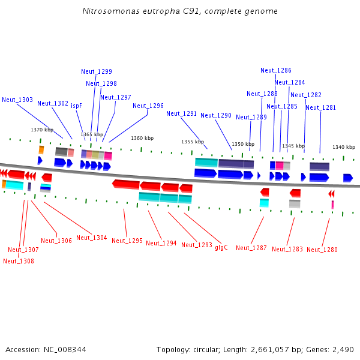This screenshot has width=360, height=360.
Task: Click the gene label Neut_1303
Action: (x=17, y=100)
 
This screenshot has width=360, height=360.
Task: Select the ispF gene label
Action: (x=76, y=106)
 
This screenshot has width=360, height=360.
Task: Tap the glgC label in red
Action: (x=221, y=247)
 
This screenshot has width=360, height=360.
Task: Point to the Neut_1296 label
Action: (x=148, y=106)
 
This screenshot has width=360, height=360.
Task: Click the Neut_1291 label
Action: (x=182, y=113)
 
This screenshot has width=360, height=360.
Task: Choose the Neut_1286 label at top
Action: (x=276, y=70)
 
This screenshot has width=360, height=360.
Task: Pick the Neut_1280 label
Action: (x=322, y=250)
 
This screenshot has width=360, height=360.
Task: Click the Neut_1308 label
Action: (x=19, y=261)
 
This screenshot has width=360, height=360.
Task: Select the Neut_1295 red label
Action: (x=127, y=241)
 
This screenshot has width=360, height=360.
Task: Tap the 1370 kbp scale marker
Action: (x=42, y=130)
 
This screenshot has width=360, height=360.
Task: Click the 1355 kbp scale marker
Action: (x=193, y=142)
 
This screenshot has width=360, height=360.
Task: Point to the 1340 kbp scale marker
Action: (x=344, y=147)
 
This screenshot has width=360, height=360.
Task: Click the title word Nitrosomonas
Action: (x=108, y=11)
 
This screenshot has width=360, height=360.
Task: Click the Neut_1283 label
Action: (x=287, y=249)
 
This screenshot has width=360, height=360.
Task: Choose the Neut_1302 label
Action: (x=53, y=103)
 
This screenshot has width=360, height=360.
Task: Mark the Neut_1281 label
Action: (x=321, y=107)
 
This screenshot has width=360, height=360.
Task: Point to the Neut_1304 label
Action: (x=92, y=238)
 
